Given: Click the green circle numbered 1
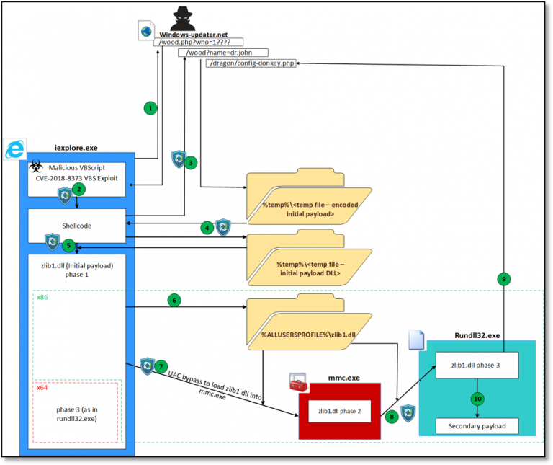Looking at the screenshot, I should tap(150, 108).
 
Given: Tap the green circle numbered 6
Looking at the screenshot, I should tap(173, 299).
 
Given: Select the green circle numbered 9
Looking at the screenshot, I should tap(505, 278).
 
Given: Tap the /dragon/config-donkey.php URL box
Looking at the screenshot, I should tap(251, 63).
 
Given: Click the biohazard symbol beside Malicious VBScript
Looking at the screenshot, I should tap(34, 167).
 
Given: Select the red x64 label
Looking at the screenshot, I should tap(42, 388).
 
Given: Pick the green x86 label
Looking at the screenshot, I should tap(42, 296).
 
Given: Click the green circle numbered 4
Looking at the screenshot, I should tap(207, 228).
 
